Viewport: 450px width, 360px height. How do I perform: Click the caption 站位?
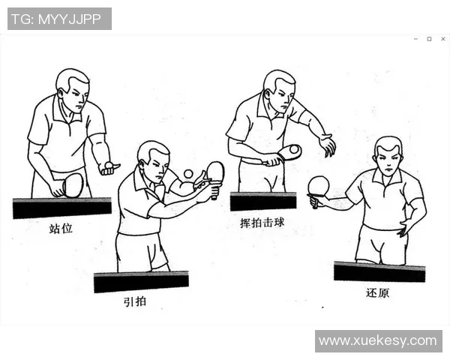pos(61,228)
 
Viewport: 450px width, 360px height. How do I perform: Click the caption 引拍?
pos(136,302)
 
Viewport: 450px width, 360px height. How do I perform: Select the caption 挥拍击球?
pos(262,223)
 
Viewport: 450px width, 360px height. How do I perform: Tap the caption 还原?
pos(378,292)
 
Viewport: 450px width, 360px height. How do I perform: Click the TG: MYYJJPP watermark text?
pos(59,19)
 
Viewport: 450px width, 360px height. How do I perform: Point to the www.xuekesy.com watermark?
pos(378,340)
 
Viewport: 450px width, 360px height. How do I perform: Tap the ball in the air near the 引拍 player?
pos(188,174)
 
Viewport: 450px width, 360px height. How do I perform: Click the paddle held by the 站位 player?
pos(73,184)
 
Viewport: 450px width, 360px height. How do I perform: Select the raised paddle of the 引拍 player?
pos(215,172)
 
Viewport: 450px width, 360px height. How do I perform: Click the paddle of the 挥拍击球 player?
pos(289,152)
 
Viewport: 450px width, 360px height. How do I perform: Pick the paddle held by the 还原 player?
pos(319,186)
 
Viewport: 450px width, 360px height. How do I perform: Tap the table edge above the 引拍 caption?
pos(141,282)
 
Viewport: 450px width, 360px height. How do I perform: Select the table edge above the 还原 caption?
pos(379,271)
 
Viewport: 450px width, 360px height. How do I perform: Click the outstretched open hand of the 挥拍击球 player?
pos(327,145)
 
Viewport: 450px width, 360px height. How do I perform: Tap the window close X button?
pos(441,38)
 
